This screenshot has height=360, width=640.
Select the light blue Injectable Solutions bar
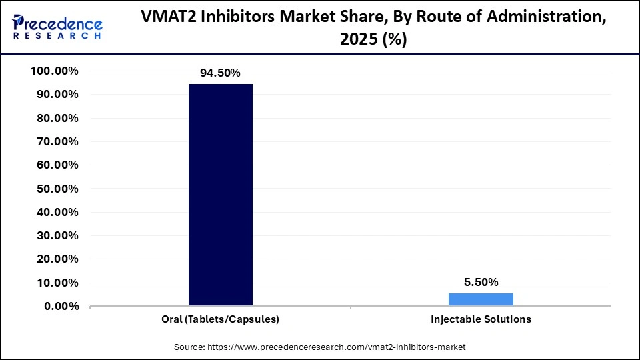pos(481,299)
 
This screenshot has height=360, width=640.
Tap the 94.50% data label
pos(221,73)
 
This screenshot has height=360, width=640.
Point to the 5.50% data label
pos(481,282)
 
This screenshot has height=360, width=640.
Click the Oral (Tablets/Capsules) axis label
pos(221,319)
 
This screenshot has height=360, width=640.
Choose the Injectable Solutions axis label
pos(481,319)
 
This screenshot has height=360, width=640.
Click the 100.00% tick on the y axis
pos(55,71)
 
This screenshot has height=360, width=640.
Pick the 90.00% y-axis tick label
pos(55,95)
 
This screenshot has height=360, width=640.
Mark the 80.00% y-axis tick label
pos(55,118)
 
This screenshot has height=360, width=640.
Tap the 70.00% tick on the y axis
pos(55,142)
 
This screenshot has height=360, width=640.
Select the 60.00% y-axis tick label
pos(55,165)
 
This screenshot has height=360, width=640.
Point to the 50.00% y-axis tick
pos(55,189)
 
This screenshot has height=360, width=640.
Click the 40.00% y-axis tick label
pos(55,213)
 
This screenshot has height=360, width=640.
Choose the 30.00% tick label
pos(55,236)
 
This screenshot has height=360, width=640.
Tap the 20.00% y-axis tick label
pos(55,259)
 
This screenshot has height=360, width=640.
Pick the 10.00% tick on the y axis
pos(55,283)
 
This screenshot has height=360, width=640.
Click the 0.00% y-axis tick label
pos(58,307)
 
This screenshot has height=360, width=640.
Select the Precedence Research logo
pos(57,27)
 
